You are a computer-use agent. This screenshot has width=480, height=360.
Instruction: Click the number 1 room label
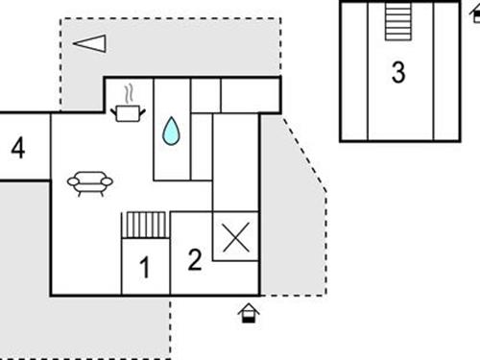click(145, 268)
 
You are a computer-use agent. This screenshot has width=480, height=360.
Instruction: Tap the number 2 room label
click(195, 259)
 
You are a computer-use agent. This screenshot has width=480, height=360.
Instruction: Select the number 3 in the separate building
click(398, 72)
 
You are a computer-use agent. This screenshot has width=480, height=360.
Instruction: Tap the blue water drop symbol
click(171, 132)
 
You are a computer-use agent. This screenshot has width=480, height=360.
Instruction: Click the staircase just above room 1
click(146, 226)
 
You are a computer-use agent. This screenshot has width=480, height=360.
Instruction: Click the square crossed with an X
click(235, 235)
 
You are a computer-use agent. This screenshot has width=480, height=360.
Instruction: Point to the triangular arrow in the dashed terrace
click(88, 43)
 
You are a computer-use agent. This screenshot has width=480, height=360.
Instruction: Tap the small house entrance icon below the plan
click(249, 312)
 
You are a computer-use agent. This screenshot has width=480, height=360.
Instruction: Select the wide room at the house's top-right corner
click(251, 95)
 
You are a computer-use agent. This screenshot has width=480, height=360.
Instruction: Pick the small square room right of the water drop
click(204, 95)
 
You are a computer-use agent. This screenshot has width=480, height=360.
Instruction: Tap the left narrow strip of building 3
click(354, 72)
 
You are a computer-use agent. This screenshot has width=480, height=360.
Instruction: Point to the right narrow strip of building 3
click(445, 72)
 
